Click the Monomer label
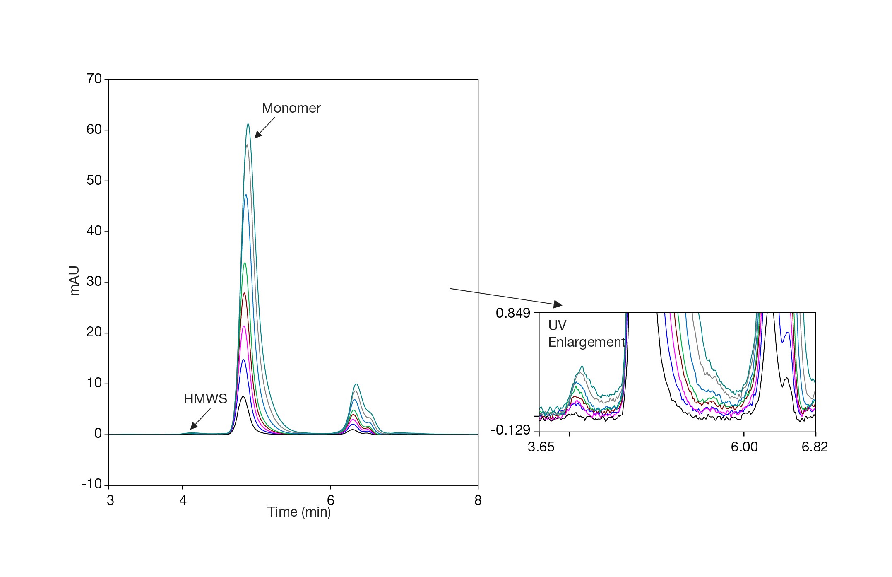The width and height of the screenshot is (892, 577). (x=291, y=108)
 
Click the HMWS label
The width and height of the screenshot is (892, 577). (x=205, y=399)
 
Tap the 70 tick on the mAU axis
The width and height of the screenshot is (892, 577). (x=94, y=79)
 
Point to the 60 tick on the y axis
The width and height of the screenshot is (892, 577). (x=94, y=130)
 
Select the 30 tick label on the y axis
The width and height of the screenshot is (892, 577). (x=94, y=282)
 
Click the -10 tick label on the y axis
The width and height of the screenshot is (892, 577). (x=91, y=484)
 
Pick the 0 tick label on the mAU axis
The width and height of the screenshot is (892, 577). (x=98, y=434)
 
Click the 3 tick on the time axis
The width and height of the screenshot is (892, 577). (x=110, y=501)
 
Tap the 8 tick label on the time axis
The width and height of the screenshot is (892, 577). (x=478, y=501)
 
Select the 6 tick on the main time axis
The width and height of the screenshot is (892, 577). (x=330, y=501)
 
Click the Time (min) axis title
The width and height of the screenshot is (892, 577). (x=299, y=512)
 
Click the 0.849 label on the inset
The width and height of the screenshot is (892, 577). (x=513, y=313)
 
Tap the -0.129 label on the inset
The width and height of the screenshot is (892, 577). (x=510, y=430)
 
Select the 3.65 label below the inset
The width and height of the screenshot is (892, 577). (x=541, y=447)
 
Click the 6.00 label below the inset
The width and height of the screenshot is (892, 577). (x=744, y=447)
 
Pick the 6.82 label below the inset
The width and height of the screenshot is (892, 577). (x=815, y=447)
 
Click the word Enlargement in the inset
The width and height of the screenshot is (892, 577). (x=587, y=342)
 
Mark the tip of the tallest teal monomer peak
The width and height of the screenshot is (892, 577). (x=248, y=124)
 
